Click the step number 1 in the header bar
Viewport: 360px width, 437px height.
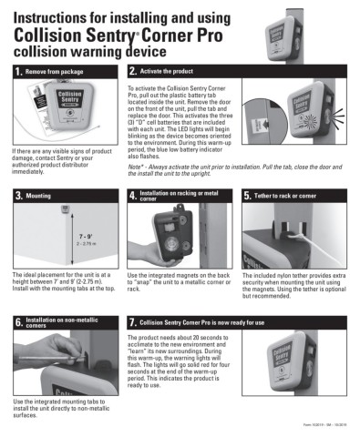tap(18, 72)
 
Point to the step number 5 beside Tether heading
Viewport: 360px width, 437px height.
tap(248, 196)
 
